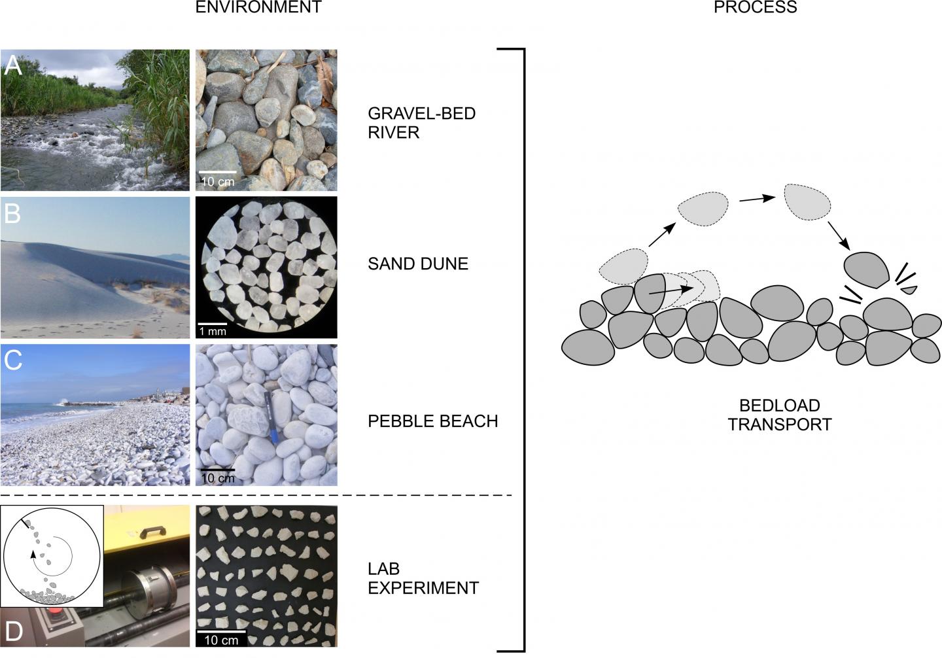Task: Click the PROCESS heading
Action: [x=756, y=8]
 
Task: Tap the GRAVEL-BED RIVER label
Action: [x=421, y=123]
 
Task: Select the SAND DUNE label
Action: [x=418, y=264]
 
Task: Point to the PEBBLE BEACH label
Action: [x=432, y=421]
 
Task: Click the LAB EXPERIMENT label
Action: [x=423, y=578]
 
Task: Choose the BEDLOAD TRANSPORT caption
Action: [x=779, y=415]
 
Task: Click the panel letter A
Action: [x=14, y=65]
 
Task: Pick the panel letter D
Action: [x=14, y=631]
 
